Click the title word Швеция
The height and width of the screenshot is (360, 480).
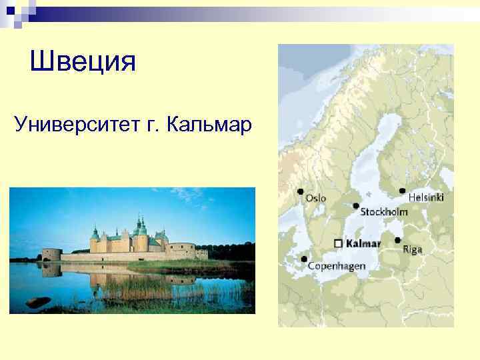point(83,62)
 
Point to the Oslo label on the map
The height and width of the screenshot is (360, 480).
point(316,198)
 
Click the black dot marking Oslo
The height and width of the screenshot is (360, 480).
point(301,192)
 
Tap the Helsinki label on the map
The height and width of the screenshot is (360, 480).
point(426,197)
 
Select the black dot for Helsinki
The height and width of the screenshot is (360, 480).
point(402,191)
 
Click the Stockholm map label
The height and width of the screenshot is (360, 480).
point(383,212)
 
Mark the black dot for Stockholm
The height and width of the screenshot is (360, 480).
point(356,206)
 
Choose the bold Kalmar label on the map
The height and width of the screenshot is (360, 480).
point(364,243)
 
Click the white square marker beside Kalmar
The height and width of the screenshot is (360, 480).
point(339,243)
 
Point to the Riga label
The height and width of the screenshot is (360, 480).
point(412,250)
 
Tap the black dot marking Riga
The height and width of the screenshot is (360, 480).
point(398,241)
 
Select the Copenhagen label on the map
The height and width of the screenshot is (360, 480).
point(337,266)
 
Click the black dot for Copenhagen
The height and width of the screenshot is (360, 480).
point(305,259)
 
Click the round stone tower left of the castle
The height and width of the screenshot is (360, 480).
point(51,255)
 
